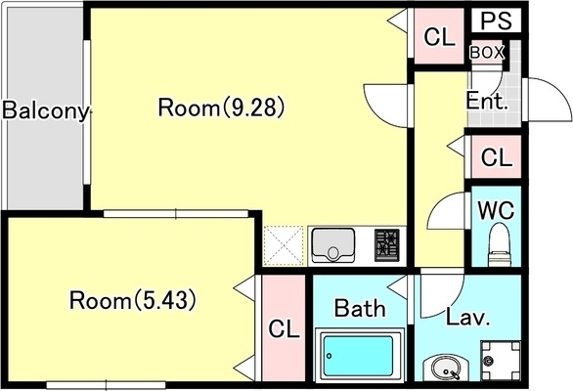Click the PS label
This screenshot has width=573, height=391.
pos(496,21)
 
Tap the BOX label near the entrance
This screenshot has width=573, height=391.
pos(487,53)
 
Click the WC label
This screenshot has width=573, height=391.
pos(496,210)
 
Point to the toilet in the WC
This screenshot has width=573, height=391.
pos(500,244)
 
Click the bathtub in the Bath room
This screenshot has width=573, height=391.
pos(358,355)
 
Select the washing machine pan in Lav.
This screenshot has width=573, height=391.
pos(501,361)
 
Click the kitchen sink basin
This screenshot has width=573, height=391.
pos(332,245)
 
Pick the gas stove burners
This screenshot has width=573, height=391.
pos(386,244)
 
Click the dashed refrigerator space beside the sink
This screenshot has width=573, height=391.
pos(284,245)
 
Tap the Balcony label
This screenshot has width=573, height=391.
pos(46,110)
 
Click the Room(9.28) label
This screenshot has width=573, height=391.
pos(221,108)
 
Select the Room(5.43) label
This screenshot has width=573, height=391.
pos(133,300)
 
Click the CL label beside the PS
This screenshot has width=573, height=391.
pos(439,37)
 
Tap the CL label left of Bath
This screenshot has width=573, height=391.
pos(284,328)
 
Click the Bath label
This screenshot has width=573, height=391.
pos(360,308)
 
